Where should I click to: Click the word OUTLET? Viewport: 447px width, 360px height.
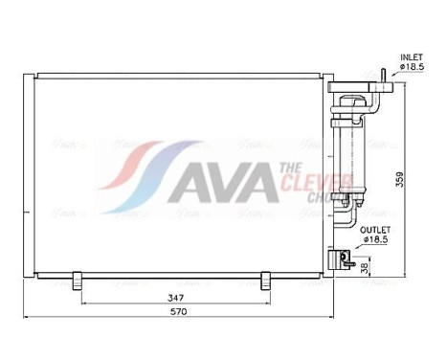pyautogui.click(x=375, y=230)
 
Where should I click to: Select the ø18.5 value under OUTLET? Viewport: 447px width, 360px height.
pyautogui.click(x=376, y=240)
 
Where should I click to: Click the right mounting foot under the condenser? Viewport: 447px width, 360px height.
pyautogui.click(x=266, y=280)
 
